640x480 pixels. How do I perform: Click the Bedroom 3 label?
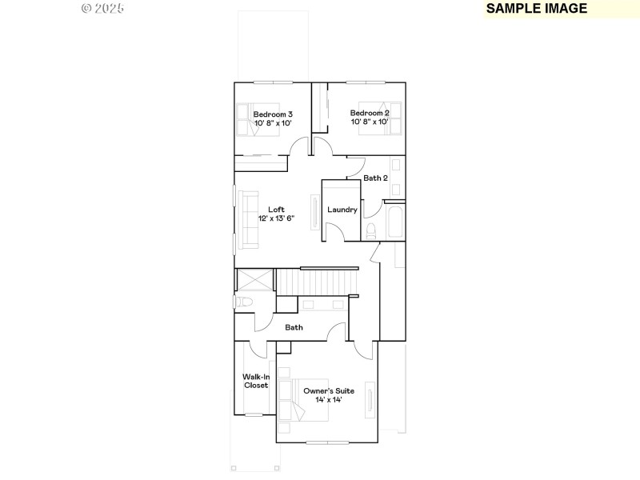tap(273, 114)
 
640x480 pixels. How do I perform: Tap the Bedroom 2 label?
tap(369, 113)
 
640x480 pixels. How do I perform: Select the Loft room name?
tap(276, 210)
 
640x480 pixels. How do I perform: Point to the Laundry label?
tap(342, 210)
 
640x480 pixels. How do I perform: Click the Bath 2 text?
tap(376, 178)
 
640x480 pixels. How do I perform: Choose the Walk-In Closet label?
tap(256, 381)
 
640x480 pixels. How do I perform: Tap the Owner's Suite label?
tap(328, 390)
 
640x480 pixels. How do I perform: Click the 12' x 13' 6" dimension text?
tap(276, 218)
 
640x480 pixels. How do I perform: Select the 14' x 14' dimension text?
tap(328, 399)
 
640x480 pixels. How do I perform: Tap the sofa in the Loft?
tap(246, 220)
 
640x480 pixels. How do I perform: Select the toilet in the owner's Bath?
tap(244, 302)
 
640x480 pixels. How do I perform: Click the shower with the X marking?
tap(254, 281)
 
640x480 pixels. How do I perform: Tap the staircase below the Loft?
tap(317, 282)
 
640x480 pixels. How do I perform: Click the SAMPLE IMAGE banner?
tap(537, 9)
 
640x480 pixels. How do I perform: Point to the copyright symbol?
tap(86, 8)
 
